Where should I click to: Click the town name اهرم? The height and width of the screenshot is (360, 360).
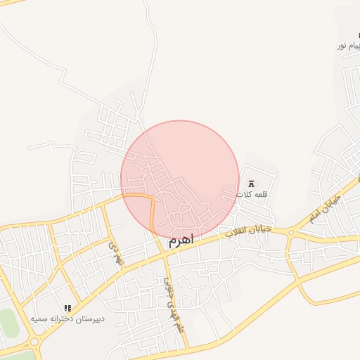(180, 240)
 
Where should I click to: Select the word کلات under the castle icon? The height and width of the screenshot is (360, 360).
(244, 193)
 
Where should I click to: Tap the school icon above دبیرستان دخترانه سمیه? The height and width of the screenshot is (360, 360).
(67, 309)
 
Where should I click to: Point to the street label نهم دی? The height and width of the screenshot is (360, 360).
(115, 254)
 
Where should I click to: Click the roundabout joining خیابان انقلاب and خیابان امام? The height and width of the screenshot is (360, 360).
(291, 233)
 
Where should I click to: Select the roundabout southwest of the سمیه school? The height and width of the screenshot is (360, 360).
(34, 342)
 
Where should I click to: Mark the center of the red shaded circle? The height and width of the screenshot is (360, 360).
(180, 180)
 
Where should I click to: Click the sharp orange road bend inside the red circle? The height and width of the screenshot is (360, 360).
(151, 199)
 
